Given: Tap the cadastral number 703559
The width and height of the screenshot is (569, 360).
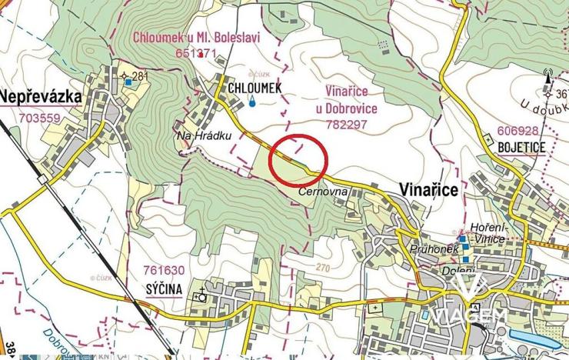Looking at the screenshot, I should point(38,118).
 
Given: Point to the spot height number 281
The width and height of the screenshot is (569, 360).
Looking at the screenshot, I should point(139,75).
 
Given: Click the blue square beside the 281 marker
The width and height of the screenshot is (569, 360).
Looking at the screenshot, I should point(128,82).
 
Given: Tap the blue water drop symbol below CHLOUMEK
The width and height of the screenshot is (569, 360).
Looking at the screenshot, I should point(252,102).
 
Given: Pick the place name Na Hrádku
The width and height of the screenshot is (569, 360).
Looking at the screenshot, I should point(194,135).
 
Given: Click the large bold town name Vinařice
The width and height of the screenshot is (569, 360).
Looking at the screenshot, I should point(431,188).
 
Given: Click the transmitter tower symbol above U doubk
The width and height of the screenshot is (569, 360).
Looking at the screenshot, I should point(547,78).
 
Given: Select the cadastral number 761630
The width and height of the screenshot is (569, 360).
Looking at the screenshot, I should point(164,270).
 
